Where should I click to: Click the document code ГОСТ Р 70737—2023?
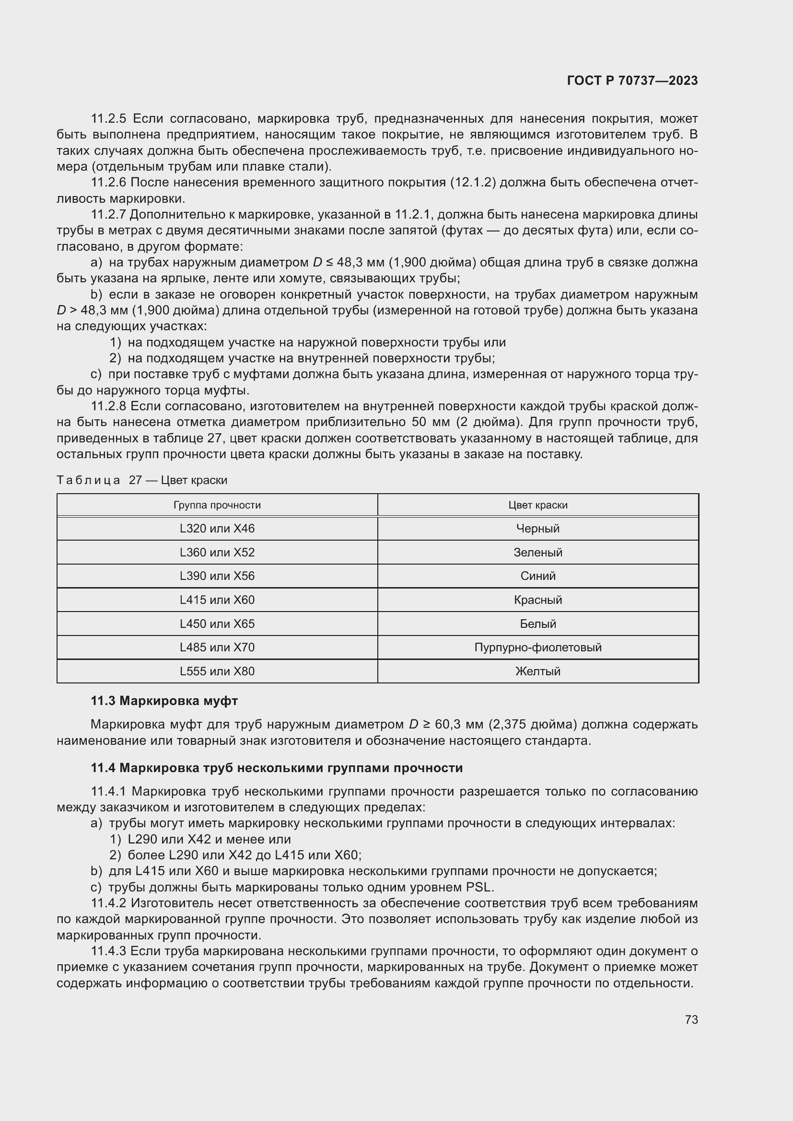point(632,81)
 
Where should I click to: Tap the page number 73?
point(691,1019)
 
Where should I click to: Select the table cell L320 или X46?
point(217,528)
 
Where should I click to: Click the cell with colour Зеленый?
point(537,552)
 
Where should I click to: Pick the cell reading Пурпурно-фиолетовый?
point(537,647)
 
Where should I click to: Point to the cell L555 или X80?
point(217,671)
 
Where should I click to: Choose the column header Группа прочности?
point(217,505)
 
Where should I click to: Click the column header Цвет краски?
point(537,505)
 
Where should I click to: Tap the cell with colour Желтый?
point(537,671)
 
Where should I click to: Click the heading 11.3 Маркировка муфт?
point(164,701)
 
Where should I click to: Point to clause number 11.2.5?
point(108,119)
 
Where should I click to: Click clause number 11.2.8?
point(108,406)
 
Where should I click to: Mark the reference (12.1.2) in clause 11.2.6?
point(473,183)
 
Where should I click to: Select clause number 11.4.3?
point(108,950)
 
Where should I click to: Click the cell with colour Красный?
point(537,600)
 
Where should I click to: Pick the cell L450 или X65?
point(217,624)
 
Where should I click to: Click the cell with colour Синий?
point(537,576)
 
